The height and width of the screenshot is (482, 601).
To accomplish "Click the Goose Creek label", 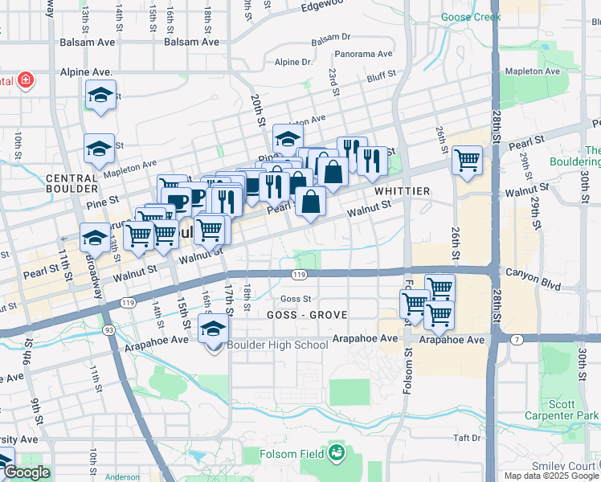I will pos(470,17).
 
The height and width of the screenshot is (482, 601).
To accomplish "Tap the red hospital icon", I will pos(26,80).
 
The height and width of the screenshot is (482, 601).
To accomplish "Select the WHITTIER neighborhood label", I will pos(401,191).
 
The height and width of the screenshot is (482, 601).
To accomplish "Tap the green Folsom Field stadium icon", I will pos(335,455).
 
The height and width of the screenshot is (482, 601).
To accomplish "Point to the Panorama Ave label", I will pos(364,55).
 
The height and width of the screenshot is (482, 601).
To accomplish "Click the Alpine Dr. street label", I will pos(292,62).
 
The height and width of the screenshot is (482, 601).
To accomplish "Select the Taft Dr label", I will pos(465,438).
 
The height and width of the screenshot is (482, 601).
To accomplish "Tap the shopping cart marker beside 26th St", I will pos(467,161).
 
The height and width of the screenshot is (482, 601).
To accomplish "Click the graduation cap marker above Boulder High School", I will pos(213,329).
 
